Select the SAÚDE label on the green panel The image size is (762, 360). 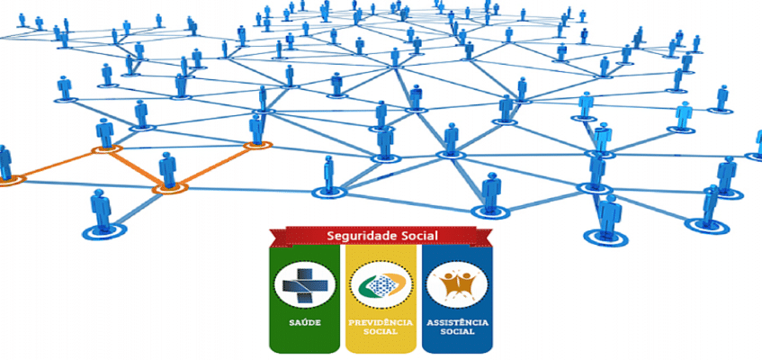305,321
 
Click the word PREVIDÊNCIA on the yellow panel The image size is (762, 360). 381,321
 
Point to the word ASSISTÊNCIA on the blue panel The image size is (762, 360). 457,321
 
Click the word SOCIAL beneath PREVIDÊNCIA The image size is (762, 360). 381,331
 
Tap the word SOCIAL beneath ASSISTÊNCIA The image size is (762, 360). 457,331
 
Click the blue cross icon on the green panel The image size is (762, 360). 305,284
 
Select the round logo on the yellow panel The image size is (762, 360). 381,284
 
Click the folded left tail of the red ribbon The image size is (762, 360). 272,241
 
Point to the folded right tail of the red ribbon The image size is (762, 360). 491,241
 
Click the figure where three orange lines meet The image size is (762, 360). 167,171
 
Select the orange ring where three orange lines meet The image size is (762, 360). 168,188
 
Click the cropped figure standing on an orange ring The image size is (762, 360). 4,162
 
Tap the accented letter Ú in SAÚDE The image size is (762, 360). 303,320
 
